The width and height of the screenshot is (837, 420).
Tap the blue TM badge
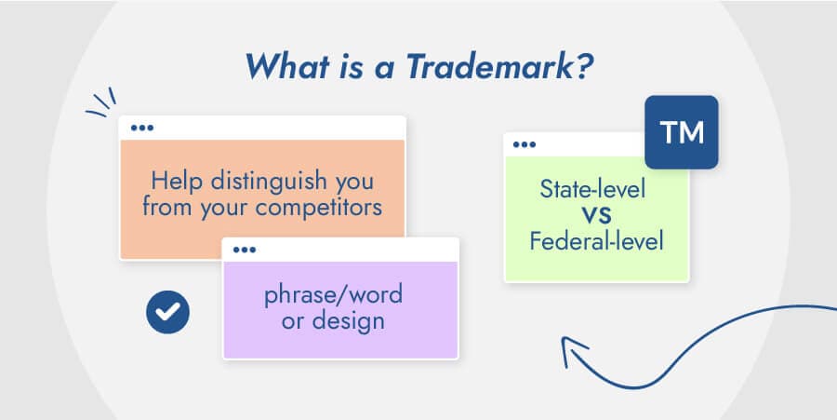(681, 132)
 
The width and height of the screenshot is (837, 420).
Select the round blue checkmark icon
(167, 313)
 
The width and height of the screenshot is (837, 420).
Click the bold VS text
(595, 217)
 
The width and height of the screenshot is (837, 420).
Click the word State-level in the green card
(592, 191)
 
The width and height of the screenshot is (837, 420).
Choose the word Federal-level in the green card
(595, 242)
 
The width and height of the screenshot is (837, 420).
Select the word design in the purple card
(352, 321)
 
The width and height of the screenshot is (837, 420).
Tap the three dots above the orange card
(142, 128)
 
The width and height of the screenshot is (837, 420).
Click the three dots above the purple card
(245, 249)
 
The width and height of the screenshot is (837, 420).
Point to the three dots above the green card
(525, 144)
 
